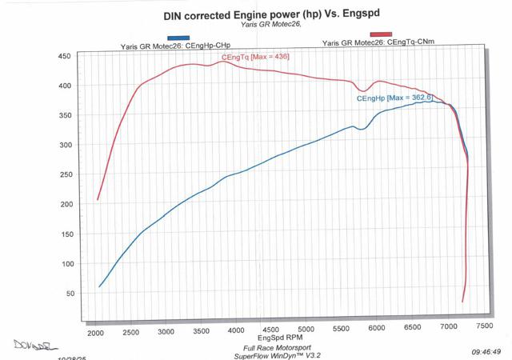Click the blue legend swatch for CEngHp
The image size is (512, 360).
point(178,38)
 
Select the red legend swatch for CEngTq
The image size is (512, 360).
point(365,37)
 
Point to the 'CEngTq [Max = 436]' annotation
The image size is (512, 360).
point(255,58)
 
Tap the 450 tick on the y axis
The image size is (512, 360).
point(65,57)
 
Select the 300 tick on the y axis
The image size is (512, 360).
point(65,146)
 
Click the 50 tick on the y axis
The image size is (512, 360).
point(67,294)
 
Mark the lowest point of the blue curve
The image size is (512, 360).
point(99,286)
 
